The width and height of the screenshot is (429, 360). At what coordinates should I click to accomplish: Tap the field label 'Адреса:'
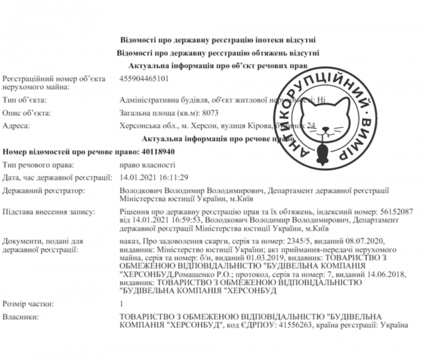(17, 125)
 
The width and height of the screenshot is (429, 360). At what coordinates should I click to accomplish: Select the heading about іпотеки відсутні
(212, 40)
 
